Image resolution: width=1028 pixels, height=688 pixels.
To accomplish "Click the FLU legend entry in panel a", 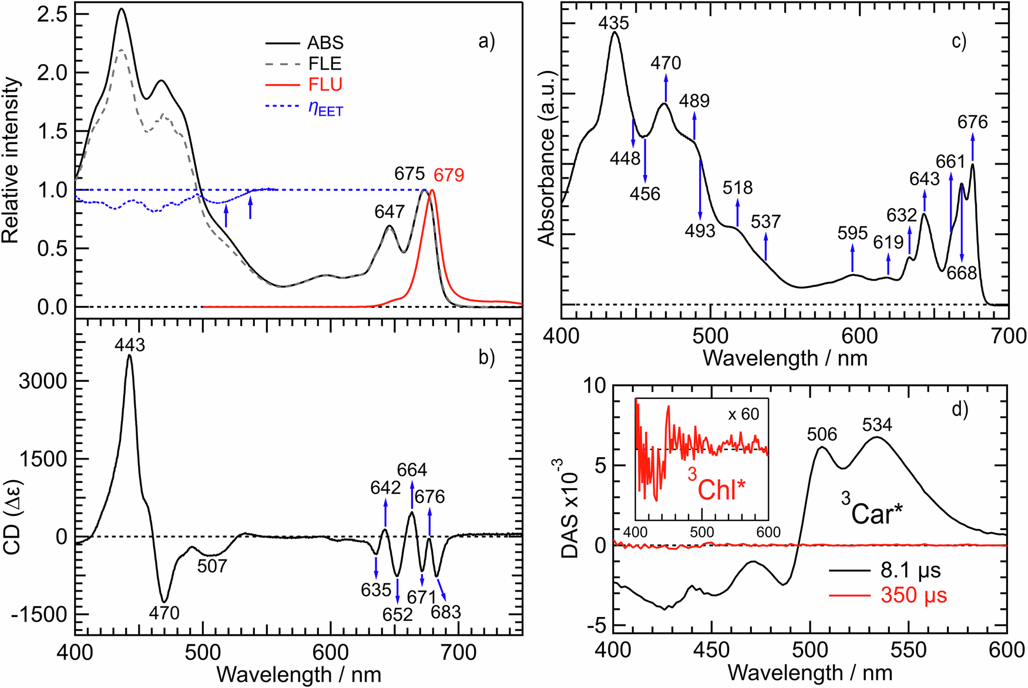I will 325,85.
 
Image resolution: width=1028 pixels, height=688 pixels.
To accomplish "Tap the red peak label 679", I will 449,175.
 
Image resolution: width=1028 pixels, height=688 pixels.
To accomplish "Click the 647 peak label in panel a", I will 389,211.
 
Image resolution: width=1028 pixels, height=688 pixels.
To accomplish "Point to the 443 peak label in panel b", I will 129,345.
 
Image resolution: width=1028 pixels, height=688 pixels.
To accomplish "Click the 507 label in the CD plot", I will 212,566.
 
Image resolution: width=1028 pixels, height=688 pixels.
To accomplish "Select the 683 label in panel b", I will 445,612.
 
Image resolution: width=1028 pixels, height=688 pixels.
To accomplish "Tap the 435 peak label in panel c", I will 614,23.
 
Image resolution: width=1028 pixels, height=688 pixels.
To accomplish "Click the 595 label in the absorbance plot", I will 852,233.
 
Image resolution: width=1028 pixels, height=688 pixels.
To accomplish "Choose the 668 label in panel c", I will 962,273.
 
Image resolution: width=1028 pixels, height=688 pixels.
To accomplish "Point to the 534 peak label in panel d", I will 877,424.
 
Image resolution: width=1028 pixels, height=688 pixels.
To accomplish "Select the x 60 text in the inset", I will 743,414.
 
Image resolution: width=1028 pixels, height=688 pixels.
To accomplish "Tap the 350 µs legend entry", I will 913,595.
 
